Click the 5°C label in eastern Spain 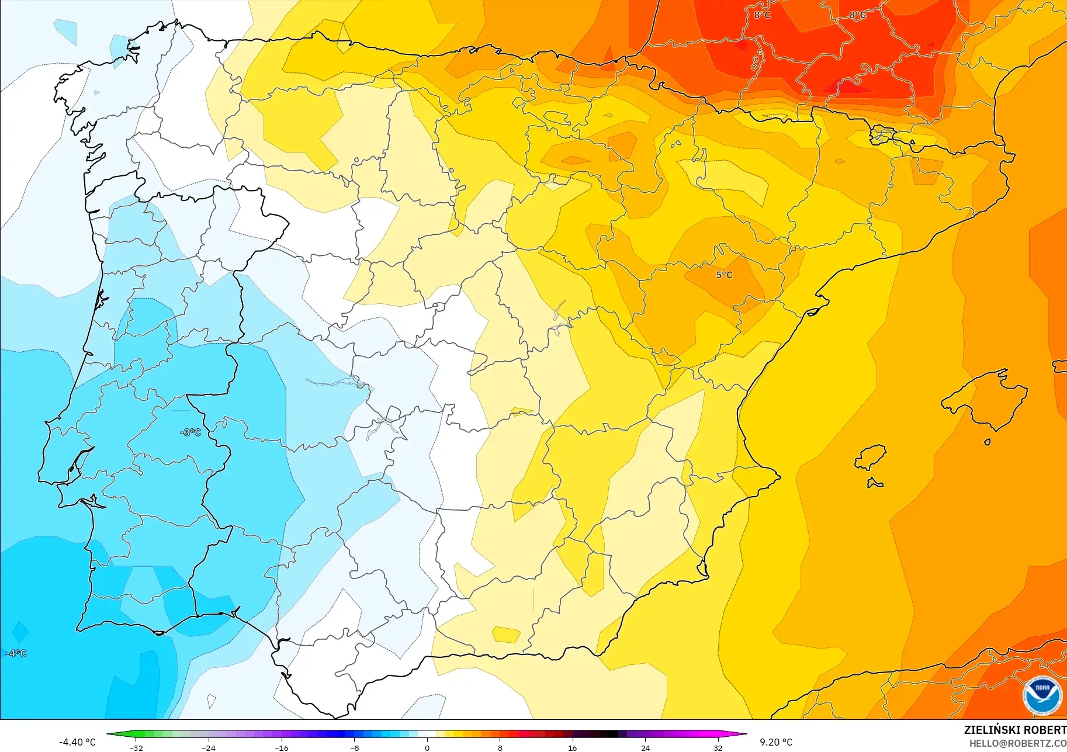(724, 275)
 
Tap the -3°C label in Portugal (191, 432)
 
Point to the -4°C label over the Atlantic (16, 653)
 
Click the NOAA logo (1042, 696)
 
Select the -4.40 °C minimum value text (77, 742)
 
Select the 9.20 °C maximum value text (776, 742)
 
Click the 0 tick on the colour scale (427, 747)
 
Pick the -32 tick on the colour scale (136, 747)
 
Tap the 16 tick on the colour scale (572, 747)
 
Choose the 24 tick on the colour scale (645, 747)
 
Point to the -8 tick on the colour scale (355, 747)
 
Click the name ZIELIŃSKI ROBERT (1015, 730)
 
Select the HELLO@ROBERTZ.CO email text (1017, 744)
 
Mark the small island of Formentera (875, 483)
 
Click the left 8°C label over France (762, 15)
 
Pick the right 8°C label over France (858, 15)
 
